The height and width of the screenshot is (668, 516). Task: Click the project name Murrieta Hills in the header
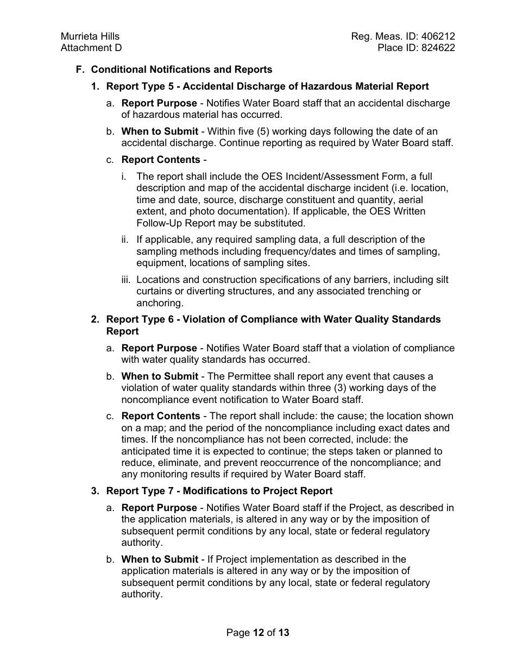pyautogui.click(x=90, y=36)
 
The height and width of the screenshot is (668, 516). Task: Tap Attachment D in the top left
pyautogui.click(x=91, y=48)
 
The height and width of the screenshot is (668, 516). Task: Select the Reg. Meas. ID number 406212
pyautogui.click(x=438, y=36)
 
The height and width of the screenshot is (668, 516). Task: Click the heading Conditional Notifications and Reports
pyautogui.click(x=181, y=70)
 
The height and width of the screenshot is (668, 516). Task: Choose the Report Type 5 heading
pyautogui.click(x=267, y=86)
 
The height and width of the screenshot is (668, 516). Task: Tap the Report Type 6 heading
pyautogui.click(x=273, y=319)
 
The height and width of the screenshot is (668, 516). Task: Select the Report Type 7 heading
pyautogui.click(x=219, y=491)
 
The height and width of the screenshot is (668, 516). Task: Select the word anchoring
pyautogui.click(x=160, y=303)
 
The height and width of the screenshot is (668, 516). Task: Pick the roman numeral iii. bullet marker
pyautogui.click(x=126, y=280)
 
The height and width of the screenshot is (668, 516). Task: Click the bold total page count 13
pyautogui.click(x=284, y=633)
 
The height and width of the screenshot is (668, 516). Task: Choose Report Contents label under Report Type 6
pyautogui.click(x=161, y=416)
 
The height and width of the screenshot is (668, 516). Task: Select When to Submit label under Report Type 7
pyautogui.click(x=160, y=559)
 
